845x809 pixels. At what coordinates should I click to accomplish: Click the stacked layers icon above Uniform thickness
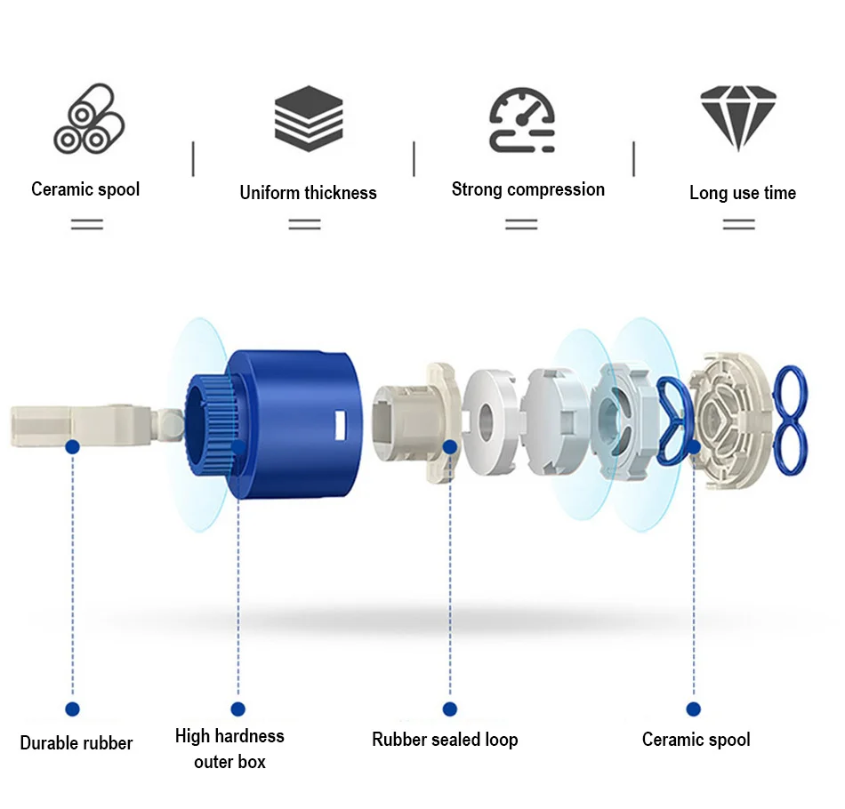(x=309, y=118)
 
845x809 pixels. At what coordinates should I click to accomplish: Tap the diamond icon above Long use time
(x=738, y=117)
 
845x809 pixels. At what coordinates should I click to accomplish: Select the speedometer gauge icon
(x=522, y=120)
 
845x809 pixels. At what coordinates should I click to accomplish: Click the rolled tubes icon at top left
(x=88, y=117)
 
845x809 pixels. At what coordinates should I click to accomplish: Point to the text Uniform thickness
(x=308, y=193)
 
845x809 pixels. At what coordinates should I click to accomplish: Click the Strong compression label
(x=527, y=189)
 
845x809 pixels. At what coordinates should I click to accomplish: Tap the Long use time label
(x=742, y=193)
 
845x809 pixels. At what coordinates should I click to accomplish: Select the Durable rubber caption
(x=76, y=743)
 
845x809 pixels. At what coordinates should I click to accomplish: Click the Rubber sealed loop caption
(x=445, y=740)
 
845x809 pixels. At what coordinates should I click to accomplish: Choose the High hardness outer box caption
(x=229, y=749)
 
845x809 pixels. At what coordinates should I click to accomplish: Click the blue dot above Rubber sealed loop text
(x=450, y=709)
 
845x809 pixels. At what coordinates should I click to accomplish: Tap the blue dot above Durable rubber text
(x=73, y=709)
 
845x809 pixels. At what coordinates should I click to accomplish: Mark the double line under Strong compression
(x=521, y=224)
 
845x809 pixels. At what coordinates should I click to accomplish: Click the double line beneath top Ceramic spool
(x=87, y=224)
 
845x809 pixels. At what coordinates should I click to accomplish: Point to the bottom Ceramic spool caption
(x=696, y=740)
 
